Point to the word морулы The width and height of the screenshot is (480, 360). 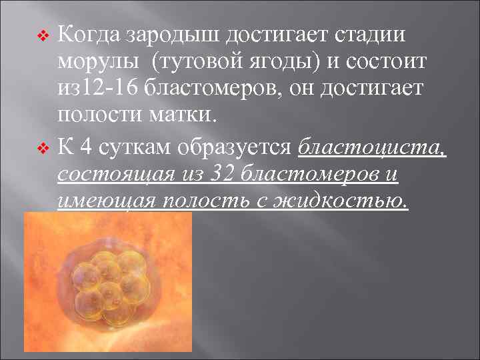98,63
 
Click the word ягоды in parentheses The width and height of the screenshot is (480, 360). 285,63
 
